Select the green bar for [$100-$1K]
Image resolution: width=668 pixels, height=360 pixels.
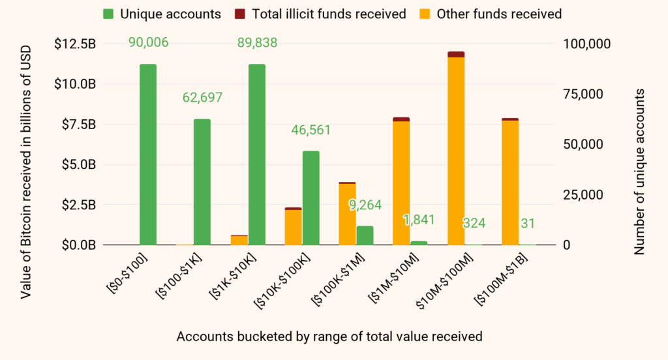tap(202, 182)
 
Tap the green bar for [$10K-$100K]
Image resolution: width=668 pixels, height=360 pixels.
tap(311, 198)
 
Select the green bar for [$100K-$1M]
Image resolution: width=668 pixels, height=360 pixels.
tap(365, 235)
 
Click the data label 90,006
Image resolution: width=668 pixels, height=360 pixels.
tap(148, 43)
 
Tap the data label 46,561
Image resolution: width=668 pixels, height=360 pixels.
tap(311, 130)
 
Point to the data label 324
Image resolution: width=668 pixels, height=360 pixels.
tap(474, 223)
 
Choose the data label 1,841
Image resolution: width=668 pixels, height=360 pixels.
tap(419, 220)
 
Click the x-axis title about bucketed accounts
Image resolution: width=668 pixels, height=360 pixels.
tap(329, 337)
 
